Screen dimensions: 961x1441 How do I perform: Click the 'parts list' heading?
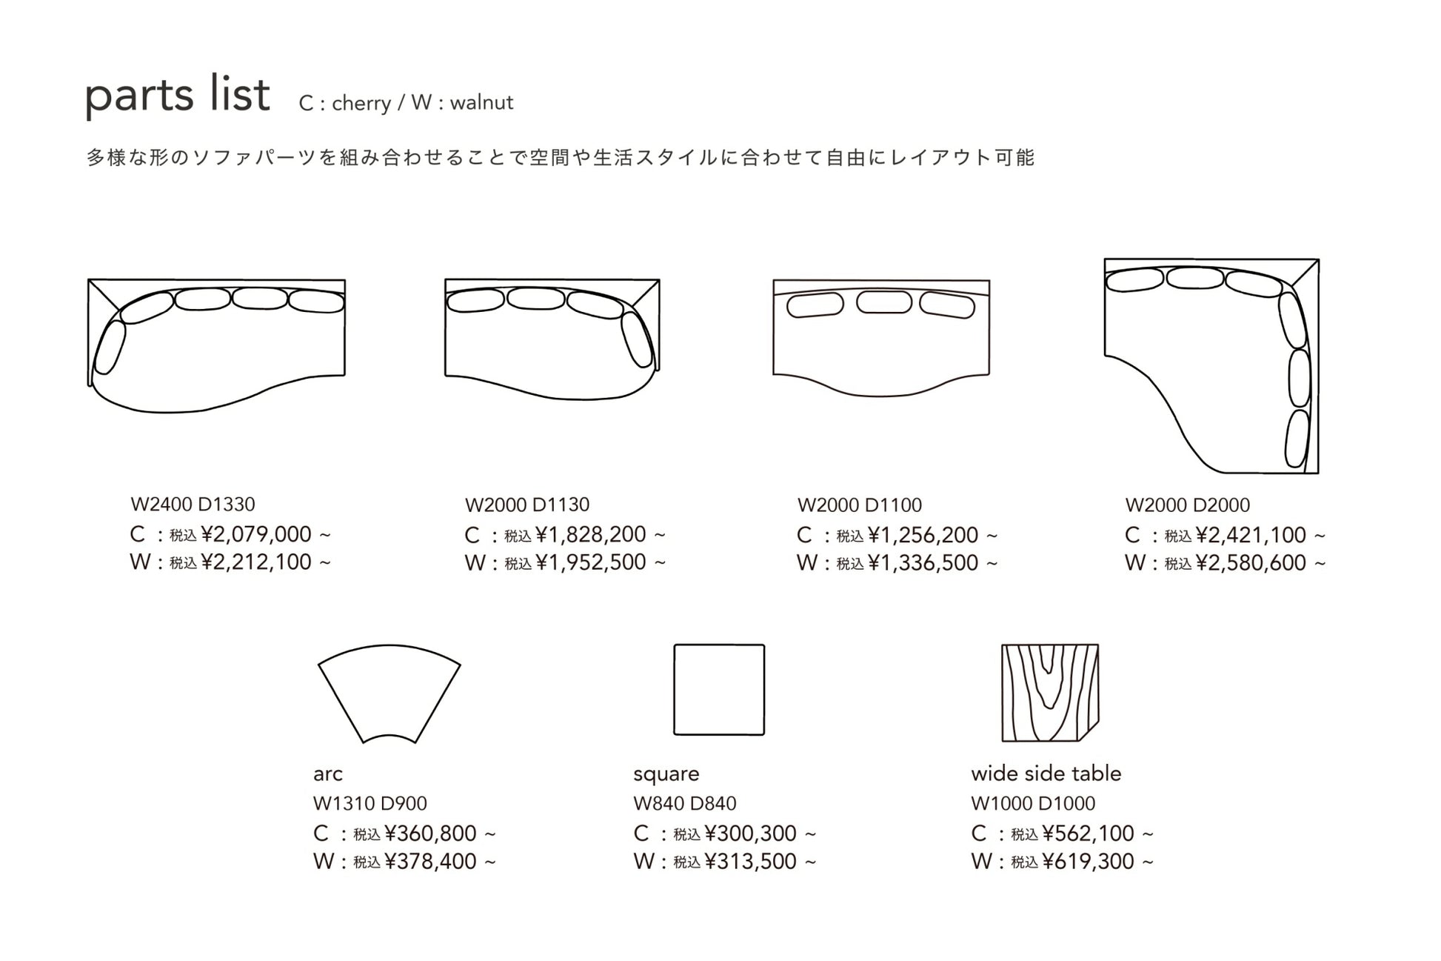pyautogui.click(x=178, y=96)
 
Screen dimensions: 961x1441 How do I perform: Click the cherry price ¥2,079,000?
pyautogui.click(x=255, y=534)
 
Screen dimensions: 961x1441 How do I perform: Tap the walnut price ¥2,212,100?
pyautogui.click(x=255, y=562)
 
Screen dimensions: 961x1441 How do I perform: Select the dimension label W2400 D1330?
pyautogui.click(x=193, y=505)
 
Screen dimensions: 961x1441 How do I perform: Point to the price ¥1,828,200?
pyautogui.click(x=590, y=534)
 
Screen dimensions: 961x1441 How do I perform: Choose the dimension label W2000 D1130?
pyautogui.click(x=527, y=505)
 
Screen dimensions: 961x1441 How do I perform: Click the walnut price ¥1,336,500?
pyautogui.click(x=923, y=563)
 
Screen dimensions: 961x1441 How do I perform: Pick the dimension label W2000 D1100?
pyautogui.click(x=860, y=505)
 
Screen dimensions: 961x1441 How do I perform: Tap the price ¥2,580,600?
pyautogui.click(x=1251, y=563)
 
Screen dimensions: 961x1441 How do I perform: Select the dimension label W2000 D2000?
pyautogui.click(x=1187, y=505)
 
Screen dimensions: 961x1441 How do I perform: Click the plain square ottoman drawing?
pyautogui.click(x=719, y=690)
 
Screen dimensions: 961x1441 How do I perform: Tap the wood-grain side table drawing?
pyautogui.click(x=1049, y=693)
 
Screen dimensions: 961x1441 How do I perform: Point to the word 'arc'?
pyautogui.click(x=328, y=774)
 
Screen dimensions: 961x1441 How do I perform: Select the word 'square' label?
pyautogui.click(x=666, y=774)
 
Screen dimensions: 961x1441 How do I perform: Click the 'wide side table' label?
pyautogui.click(x=1046, y=774)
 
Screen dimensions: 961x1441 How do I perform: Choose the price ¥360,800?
pyautogui.click(x=430, y=834)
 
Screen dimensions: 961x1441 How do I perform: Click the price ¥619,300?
pyautogui.click(x=1088, y=862)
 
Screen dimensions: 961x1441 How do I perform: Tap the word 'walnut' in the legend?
pyautogui.click(x=481, y=102)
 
